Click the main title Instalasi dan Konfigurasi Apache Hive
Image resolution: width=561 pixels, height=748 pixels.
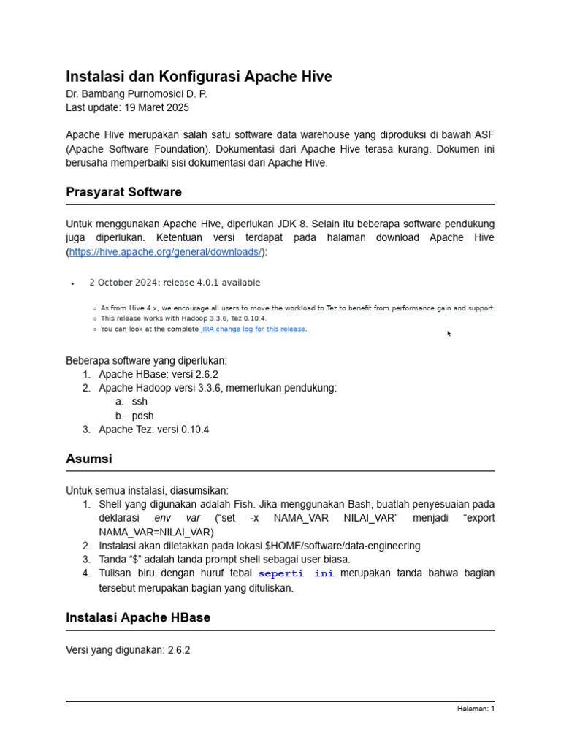click(x=199, y=77)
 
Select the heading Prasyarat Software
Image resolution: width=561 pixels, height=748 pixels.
click(x=123, y=192)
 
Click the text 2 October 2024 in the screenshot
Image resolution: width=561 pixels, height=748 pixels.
click(x=123, y=283)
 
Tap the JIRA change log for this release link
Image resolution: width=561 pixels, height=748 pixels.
click(x=253, y=329)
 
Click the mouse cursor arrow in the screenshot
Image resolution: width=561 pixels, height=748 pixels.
click(x=449, y=334)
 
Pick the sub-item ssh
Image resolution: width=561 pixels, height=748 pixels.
click(x=140, y=402)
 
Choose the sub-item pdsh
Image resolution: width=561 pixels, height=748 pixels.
click(x=142, y=416)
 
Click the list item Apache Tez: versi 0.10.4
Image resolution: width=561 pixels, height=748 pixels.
click(x=154, y=430)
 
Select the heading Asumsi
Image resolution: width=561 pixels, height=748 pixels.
click(x=89, y=459)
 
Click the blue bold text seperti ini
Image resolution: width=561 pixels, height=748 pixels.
click(x=296, y=574)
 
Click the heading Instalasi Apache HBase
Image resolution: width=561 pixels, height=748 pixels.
click(x=138, y=617)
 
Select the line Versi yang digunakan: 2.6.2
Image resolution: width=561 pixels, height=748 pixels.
click(x=128, y=650)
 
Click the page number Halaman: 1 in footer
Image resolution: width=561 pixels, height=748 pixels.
click(x=476, y=709)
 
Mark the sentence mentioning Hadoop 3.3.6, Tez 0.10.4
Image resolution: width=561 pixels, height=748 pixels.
click(x=183, y=318)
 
